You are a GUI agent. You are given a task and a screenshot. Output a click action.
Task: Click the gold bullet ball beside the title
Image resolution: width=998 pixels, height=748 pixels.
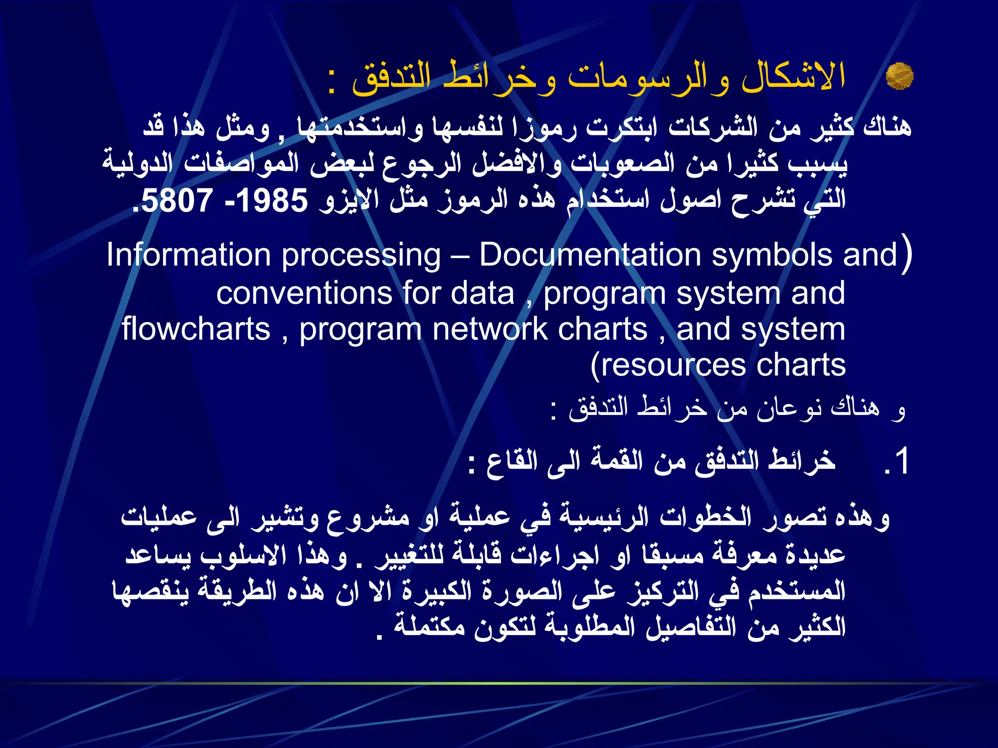[x=899, y=76]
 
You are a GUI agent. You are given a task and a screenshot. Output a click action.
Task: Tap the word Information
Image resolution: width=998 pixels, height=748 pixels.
[x=188, y=255]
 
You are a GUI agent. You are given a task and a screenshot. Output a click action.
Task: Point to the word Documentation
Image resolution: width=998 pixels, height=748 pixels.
[x=590, y=255]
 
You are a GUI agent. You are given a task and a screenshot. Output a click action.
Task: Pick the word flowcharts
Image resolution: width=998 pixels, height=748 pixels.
[x=196, y=329]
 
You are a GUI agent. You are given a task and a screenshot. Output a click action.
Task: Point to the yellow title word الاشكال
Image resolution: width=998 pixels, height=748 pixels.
[x=793, y=77]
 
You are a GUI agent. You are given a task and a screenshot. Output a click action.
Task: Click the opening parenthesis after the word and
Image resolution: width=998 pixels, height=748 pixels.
[x=906, y=255]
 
